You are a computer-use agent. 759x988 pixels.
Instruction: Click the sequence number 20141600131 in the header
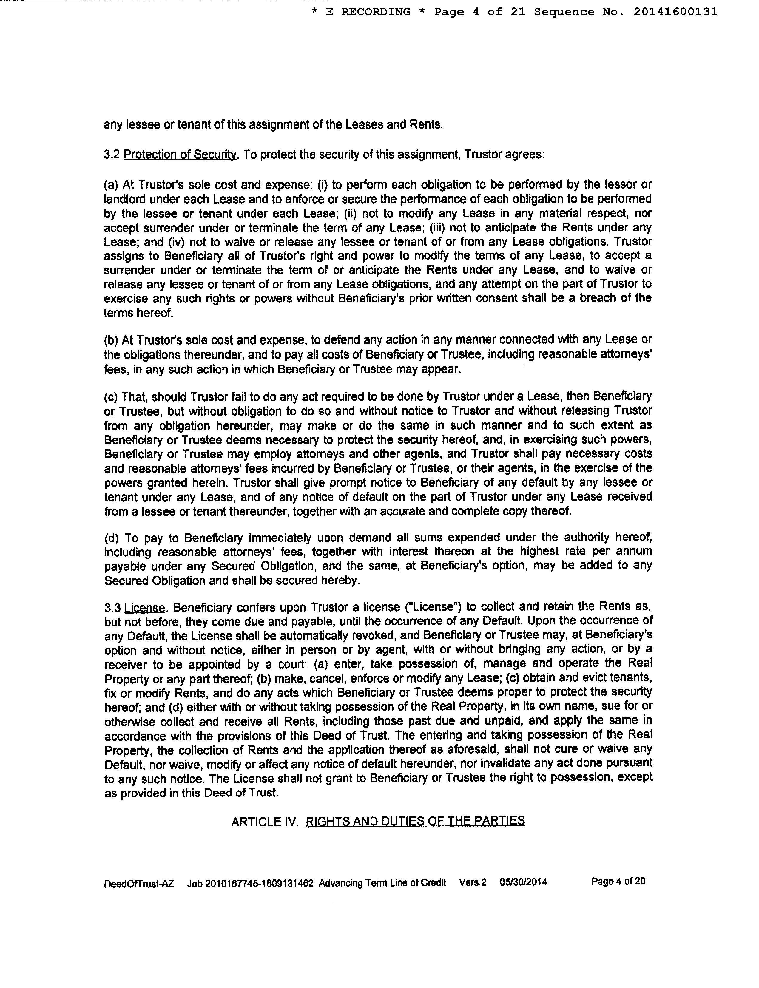point(675,12)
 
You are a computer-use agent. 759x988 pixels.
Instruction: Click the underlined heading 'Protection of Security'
point(180,155)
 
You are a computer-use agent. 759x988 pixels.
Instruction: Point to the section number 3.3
point(112,607)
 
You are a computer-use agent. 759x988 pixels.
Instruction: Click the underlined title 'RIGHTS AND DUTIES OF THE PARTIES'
point(415,821)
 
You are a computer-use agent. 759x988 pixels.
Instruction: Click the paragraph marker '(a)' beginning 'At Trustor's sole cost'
point(111,185)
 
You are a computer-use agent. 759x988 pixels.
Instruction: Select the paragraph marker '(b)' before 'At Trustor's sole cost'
point(111,340)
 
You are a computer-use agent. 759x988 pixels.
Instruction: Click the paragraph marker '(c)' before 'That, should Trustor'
point(111,397)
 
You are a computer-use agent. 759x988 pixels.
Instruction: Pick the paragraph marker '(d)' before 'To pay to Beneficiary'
point(112,538)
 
